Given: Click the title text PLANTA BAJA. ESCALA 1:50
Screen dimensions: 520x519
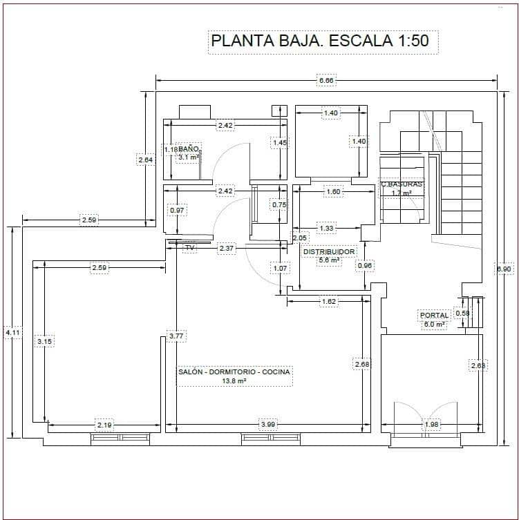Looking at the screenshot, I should point(319,41).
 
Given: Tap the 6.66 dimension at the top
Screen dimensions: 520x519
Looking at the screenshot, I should point(325,81).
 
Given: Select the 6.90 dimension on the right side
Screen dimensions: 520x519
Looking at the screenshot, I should point(505,269).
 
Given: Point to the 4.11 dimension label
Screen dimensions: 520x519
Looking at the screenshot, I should point(12,332).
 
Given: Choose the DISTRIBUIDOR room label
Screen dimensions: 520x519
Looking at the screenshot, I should point(329,252).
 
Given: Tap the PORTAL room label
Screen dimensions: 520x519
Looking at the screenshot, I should point(434,316).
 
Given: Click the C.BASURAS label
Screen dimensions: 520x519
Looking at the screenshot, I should point(402,185).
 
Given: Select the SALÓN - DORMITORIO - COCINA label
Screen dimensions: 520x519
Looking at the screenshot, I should point(235,372).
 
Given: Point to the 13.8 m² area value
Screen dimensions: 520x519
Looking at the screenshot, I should point(234,381).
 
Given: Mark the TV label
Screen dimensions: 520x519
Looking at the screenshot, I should point(190,247).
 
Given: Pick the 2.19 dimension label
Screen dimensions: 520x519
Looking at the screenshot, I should point(104,424).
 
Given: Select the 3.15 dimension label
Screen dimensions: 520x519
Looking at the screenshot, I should point(46,341).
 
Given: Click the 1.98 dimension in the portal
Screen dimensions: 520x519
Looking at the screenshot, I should point(432,424).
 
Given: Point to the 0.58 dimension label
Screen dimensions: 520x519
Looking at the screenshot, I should point(463,313).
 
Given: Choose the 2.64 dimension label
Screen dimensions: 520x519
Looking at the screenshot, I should point(145,160).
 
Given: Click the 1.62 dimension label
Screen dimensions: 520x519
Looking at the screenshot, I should point(329,301).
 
